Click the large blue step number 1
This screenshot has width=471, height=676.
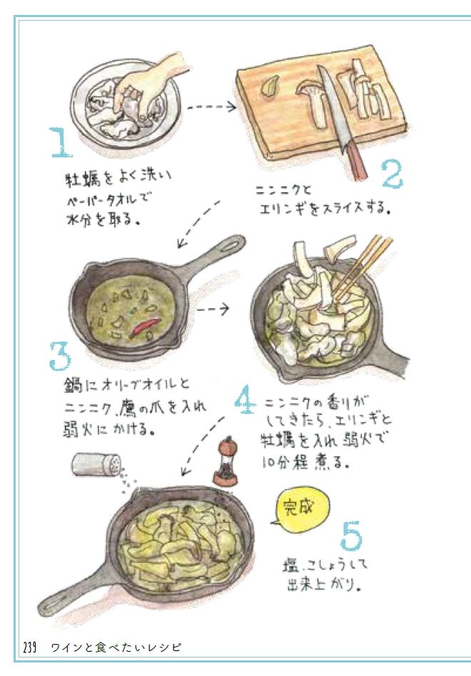61,142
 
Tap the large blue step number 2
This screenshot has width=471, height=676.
393,174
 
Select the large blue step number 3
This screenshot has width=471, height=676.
60,356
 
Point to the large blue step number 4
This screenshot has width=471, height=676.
245,400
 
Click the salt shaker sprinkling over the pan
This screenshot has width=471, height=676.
96,464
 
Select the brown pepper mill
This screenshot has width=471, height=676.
225,461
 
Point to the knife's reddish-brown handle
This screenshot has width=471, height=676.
356,163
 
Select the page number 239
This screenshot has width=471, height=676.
29,648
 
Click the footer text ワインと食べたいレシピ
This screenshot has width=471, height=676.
115,648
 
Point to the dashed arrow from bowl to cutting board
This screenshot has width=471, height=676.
212,107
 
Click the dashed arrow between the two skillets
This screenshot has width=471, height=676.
213,309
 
